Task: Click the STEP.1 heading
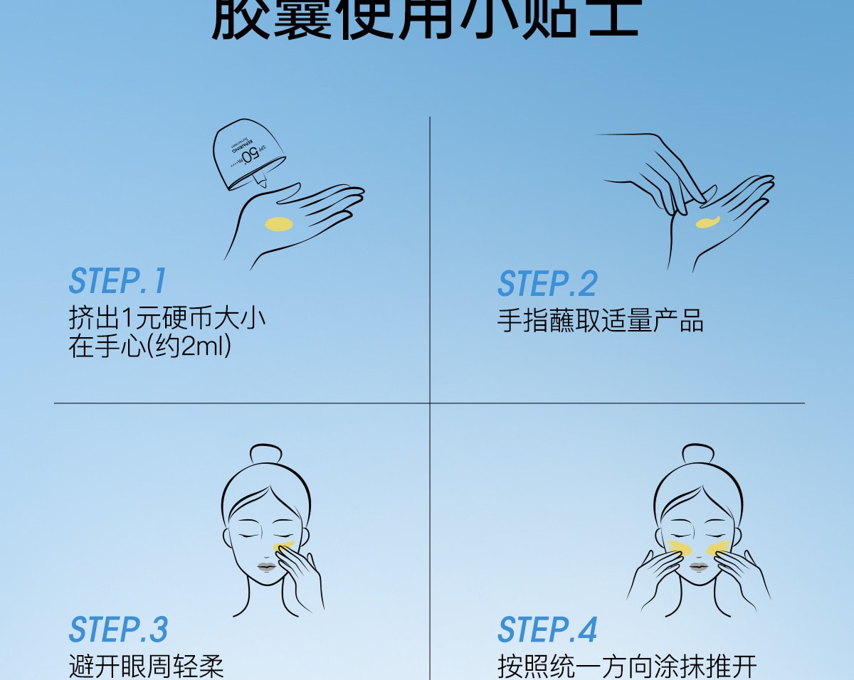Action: (117, 281)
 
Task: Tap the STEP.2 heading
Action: (547, 284)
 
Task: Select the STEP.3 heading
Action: (118, 629)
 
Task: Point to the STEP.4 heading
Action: (547, 629)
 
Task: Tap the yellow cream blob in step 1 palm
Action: (278, 224)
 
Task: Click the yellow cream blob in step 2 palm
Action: (707, 223)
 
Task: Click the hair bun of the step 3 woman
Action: (265, 455)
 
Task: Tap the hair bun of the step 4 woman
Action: (697, 454)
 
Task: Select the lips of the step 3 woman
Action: (265, 567)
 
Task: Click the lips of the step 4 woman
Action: (697, 567)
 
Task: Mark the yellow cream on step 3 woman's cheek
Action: (283, 546)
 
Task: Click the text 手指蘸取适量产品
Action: (600, 321)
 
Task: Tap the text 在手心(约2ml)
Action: (150, 347)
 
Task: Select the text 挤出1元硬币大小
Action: (167, 317)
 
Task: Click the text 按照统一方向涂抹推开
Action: (626, 667)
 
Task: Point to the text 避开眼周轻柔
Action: (147, 667)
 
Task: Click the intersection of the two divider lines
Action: (430, 403)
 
